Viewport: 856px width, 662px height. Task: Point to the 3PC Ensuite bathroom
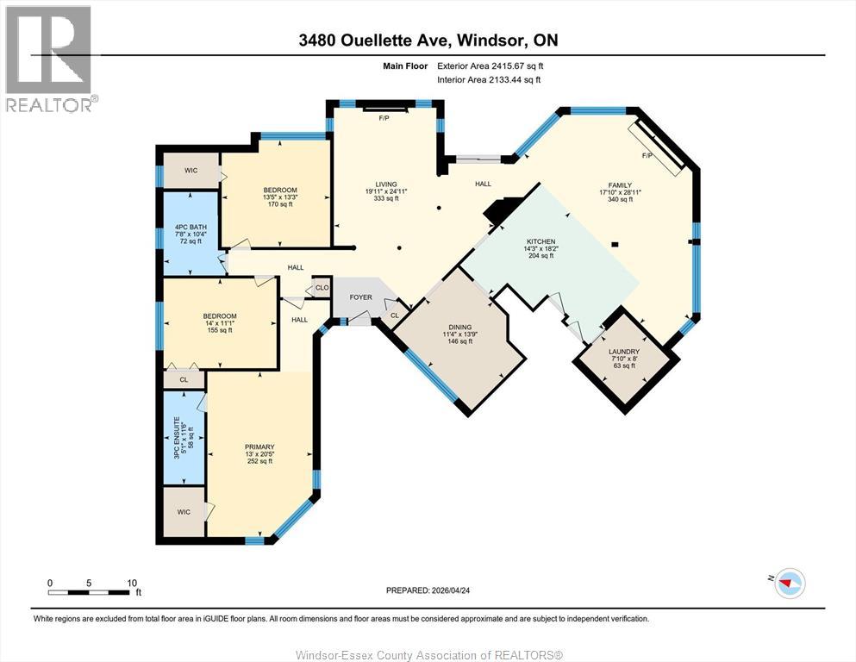[x=184, y=438]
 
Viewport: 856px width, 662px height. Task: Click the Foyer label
[x=361, y=297]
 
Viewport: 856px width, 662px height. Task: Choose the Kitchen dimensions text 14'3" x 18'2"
[x=541, y=248]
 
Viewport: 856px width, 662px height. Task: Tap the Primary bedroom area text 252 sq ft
[x=259, y=461]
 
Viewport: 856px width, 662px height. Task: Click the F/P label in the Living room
[x=384, y=118]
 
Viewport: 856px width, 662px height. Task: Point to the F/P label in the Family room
[x=647, y=155]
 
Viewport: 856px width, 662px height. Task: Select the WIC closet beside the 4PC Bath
[x=191, y=171]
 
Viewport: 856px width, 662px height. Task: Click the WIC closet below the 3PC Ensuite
[x=184, y=511]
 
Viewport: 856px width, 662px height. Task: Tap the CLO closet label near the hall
[x=322, y=288]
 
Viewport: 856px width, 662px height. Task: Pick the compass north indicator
[x=789, y=583]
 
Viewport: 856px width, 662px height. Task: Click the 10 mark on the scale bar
[x=132, y=583]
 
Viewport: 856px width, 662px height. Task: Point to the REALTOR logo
[x=48, y=59]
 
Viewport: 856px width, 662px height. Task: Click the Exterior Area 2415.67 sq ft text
[x=490, y=66]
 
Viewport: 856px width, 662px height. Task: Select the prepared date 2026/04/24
[x=450, y=590]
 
